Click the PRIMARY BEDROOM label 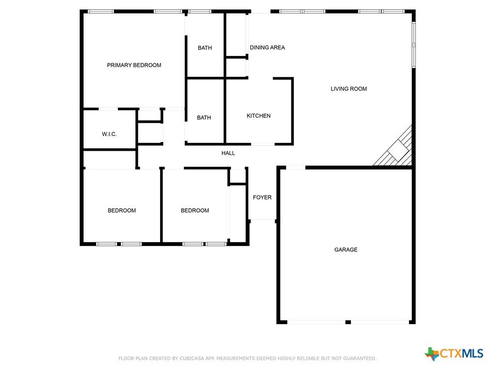tap(134, 65)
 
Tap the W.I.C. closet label tap(109, 134)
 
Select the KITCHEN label tap(259, 116)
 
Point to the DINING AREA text tap(267, 48)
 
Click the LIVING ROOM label tap(349, 89)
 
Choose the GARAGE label tap(346, 250)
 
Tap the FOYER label tap(262, 198)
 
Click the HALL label tap(228, 153)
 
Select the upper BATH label tap(204, 48)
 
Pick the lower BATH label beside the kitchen tap(204, 118)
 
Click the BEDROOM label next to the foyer tap(195, 211)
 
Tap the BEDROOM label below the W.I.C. tap(121, 211)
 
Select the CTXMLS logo tap(453, 354)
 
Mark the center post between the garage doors tap(348, 322)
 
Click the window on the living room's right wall tap(414, 45)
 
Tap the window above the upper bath tap(200, 12)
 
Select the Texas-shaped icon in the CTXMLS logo tap(432, 354)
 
